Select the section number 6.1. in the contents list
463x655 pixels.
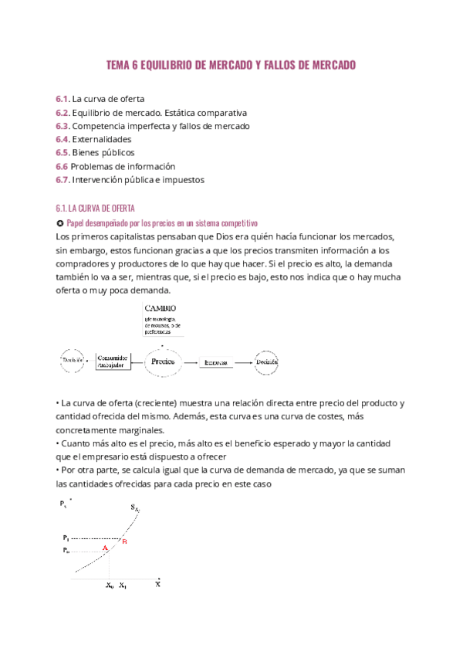click(x=63, y=100)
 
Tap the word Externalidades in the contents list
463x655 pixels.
click(x=101, y=140)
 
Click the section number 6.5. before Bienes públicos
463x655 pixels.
click(x=63, y=153)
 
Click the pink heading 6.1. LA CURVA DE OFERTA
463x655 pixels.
click(x=95, y=209)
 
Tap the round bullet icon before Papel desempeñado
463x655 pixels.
click(x=59, y=222)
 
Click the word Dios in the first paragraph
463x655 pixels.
click(x=210, y=236)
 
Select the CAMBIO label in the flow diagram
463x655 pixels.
click(x=160, y=308)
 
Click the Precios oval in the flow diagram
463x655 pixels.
click(x=163, y=361)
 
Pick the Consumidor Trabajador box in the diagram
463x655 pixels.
click(x=113, y=361)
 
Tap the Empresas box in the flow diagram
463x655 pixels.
click(x=216, y=361)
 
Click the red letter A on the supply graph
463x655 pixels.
click(x=105, y=548)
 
